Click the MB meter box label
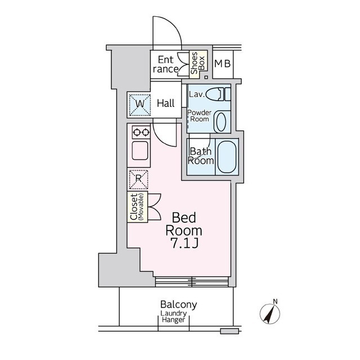(222, 64)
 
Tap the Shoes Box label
(198, 63)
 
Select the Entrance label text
(165, 65)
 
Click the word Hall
(165, 103)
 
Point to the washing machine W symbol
(139, 105)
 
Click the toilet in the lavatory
(218, 94)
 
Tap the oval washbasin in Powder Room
(221, 121)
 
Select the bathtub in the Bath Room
(227, 156)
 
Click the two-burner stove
(141, 132)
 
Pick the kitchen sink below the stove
(140, 150)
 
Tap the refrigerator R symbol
(138, 179)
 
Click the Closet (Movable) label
(137, 207)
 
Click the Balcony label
(179, 304)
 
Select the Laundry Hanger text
(174, 317)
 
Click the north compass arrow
(269, 313)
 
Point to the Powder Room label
(199, 116)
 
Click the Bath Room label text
(201, 156)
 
